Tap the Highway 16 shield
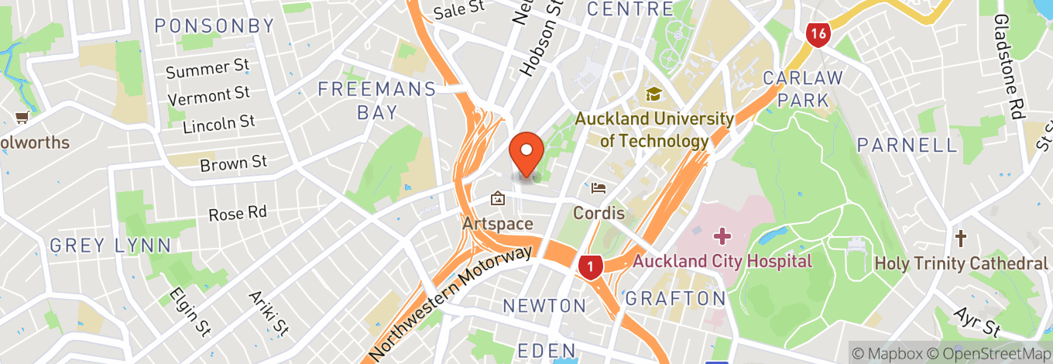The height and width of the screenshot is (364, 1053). (818, 33)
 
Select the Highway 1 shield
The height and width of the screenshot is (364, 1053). (590, 267)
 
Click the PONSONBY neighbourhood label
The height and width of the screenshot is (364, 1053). (214, 26)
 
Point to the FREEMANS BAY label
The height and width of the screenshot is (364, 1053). (377, 101)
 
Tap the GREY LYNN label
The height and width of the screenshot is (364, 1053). (111, 246)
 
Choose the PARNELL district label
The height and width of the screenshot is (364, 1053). (907, 145)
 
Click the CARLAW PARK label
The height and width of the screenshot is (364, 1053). (802, 88)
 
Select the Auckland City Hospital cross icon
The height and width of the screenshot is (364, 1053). (722, 235)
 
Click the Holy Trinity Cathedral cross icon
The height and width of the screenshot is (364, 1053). (961, 238)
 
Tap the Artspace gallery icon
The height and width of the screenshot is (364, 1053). (497, 200)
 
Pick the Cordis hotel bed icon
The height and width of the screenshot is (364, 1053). (599, 187)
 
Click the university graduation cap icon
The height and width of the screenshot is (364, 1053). (654, 94)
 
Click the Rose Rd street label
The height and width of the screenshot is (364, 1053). (238, 213)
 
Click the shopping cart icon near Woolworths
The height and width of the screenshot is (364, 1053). (22, 118)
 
